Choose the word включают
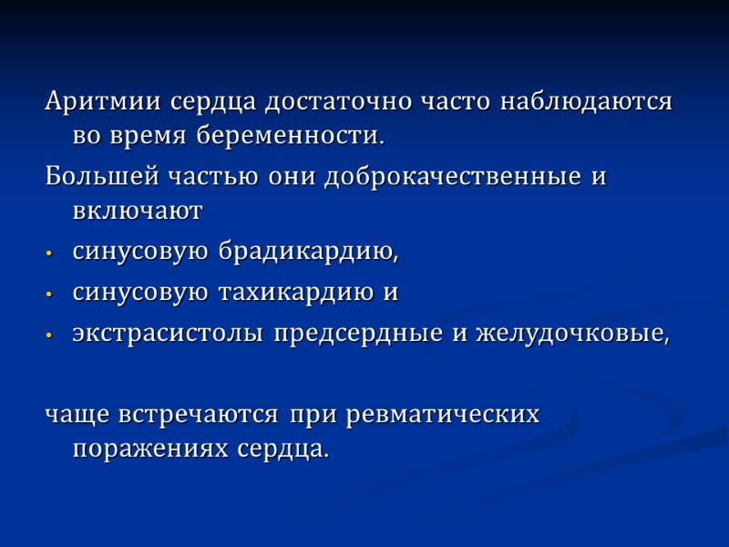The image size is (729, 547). click(x=137, y=212)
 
